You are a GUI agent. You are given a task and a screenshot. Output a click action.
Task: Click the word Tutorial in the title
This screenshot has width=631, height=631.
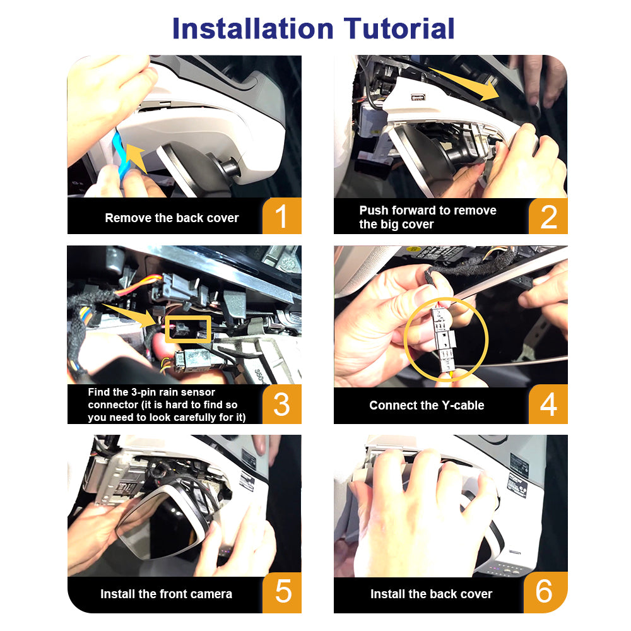click(399, 28)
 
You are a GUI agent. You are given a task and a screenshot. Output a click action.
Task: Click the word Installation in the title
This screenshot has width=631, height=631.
click(253, 28)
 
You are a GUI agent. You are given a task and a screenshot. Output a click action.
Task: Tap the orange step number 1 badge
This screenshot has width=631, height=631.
click(281, 216)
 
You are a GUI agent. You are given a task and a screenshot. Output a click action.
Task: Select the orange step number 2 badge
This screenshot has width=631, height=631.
click(548, 216)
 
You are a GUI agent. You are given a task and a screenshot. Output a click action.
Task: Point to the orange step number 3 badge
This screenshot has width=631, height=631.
click(281, 404)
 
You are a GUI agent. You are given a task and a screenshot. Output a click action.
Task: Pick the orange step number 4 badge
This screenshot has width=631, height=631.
click(548, 404)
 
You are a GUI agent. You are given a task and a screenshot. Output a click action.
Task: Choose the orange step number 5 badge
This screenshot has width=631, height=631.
click(282, 593)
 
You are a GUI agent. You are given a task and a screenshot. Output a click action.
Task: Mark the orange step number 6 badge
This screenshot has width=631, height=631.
click(546, 593)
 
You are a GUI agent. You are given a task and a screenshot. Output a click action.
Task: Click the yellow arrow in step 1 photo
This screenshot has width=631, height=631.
click(136, 158)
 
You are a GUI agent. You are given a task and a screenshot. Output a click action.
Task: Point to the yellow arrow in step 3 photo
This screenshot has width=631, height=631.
click(129, 315)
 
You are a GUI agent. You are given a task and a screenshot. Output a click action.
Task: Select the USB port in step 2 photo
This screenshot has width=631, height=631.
click(418, 97)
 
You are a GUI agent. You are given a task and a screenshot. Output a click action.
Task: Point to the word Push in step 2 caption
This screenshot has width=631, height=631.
click(374, 211)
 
